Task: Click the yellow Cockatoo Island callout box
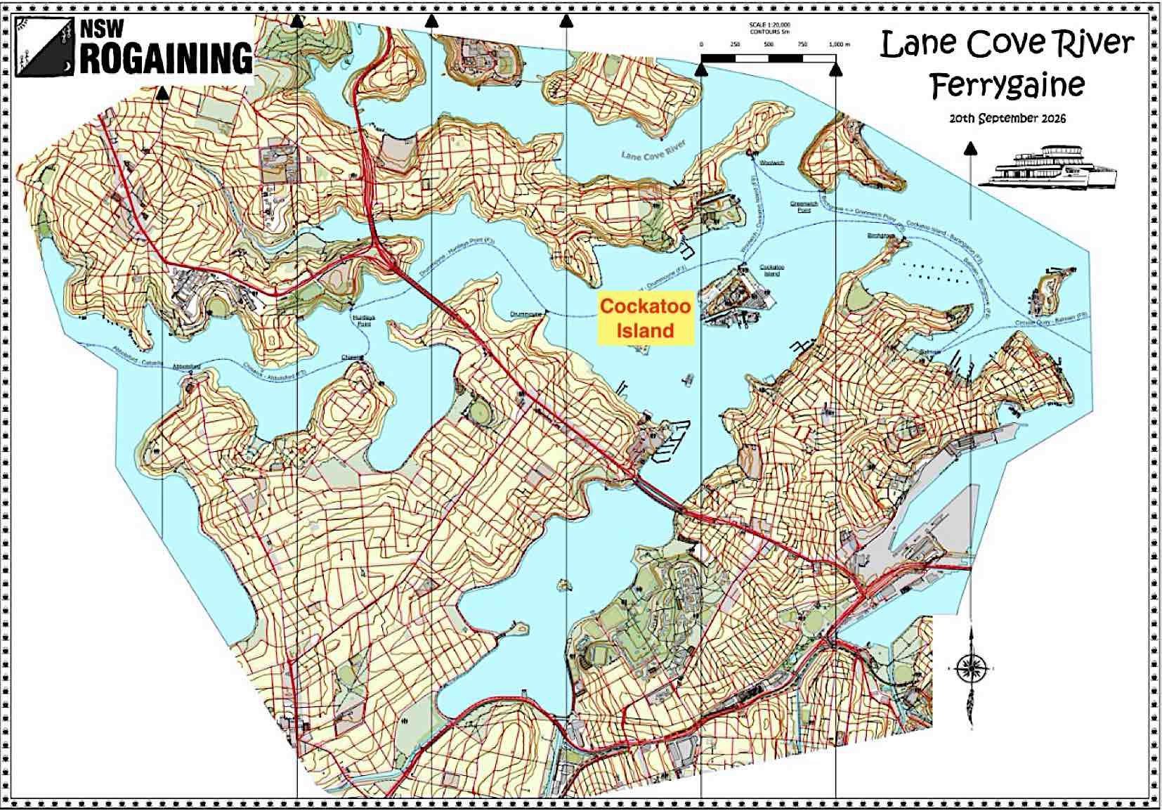coord(646,318)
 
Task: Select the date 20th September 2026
coord(1007,118)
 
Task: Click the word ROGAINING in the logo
coord(166,58)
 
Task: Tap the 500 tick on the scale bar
coord(769,44)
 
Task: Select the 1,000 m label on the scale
coord(839,44)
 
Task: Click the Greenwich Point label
coord(800,207)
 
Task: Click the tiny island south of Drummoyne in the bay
coord(562,584)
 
